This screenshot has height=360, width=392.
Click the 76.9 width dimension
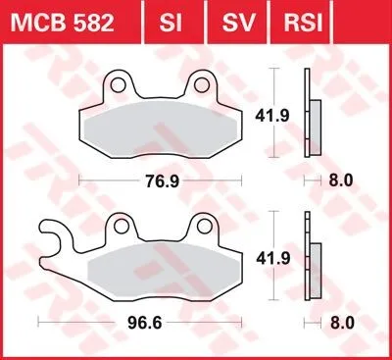(156, 181)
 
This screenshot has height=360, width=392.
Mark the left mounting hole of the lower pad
(120, 227)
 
